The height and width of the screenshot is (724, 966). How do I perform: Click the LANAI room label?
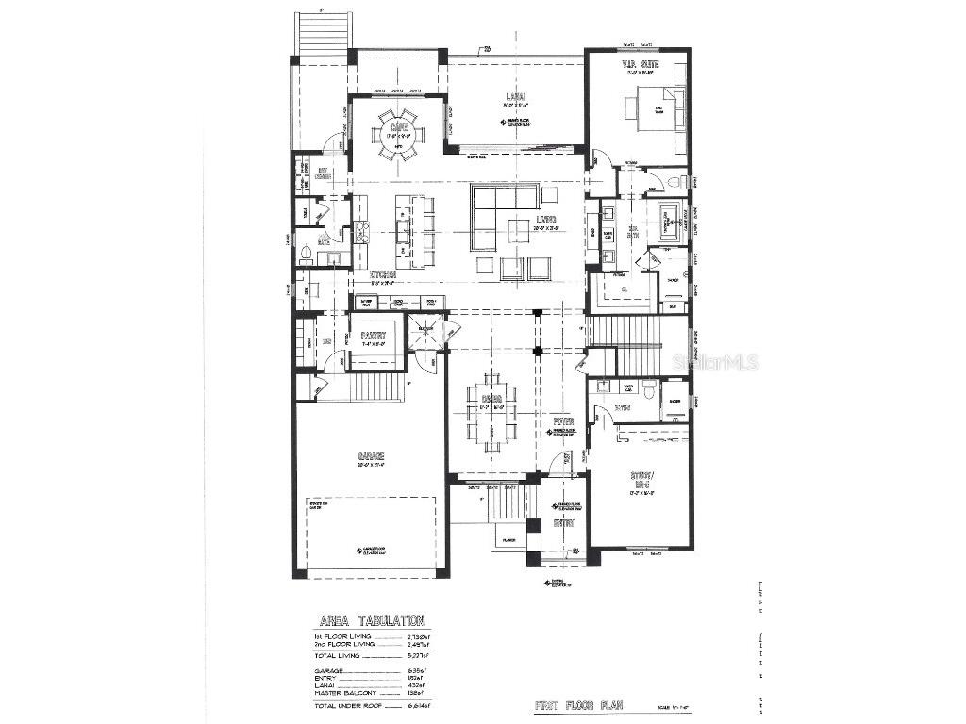[514, 96]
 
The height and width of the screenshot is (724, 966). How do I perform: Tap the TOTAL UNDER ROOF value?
[416, 705]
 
